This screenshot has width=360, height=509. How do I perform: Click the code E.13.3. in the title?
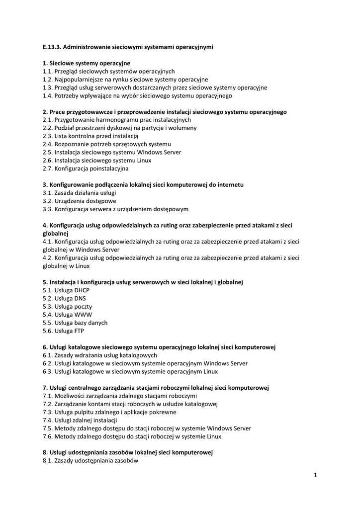coord(52,47)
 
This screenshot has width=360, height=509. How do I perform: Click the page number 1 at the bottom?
coord(315,475)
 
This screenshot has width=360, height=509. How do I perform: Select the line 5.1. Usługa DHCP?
coord(66,290)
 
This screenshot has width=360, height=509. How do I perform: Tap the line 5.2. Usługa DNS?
coord(65,299)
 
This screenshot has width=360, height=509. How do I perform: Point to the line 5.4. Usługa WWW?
coord(67,315)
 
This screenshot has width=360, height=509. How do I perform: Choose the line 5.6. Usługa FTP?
coord(64,331)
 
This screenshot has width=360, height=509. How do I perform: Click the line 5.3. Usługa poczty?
coord(67,307)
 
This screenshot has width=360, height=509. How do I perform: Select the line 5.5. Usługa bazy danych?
coord(75,323)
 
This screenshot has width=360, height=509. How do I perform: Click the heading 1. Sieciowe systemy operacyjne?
coord(87,63)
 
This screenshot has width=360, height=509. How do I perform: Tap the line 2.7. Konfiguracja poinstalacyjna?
coord(86,169)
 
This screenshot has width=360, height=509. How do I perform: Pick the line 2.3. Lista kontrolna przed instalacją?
coord(90,136)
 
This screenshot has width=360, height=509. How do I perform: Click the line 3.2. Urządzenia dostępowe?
coord(80,201)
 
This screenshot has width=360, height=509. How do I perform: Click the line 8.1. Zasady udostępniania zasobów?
coord(90,461)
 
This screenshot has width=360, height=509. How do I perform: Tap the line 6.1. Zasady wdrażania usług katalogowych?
coord(100,355)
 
